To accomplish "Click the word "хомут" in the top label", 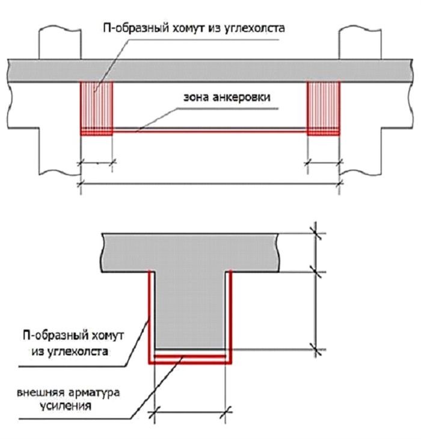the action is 188,28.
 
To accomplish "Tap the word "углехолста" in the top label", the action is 254,28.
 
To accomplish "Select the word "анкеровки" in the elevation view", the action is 242,97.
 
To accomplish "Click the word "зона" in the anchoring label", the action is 196,98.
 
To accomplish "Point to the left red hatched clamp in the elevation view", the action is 97,108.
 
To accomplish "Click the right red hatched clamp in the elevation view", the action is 324,108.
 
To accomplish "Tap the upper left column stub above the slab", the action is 60,43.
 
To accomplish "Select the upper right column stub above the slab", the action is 360,43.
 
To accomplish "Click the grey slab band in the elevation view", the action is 210,70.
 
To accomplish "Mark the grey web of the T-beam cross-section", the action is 190,310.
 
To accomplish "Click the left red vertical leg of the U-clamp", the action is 150,316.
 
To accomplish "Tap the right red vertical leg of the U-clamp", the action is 230,316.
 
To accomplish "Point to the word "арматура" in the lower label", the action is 94,393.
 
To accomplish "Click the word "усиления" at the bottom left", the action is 66,406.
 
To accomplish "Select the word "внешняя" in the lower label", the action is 41,393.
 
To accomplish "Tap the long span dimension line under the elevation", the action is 210,184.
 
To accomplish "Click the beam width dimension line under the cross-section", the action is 190,412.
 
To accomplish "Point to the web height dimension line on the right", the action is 316,311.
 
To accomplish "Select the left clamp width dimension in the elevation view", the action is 97,163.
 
